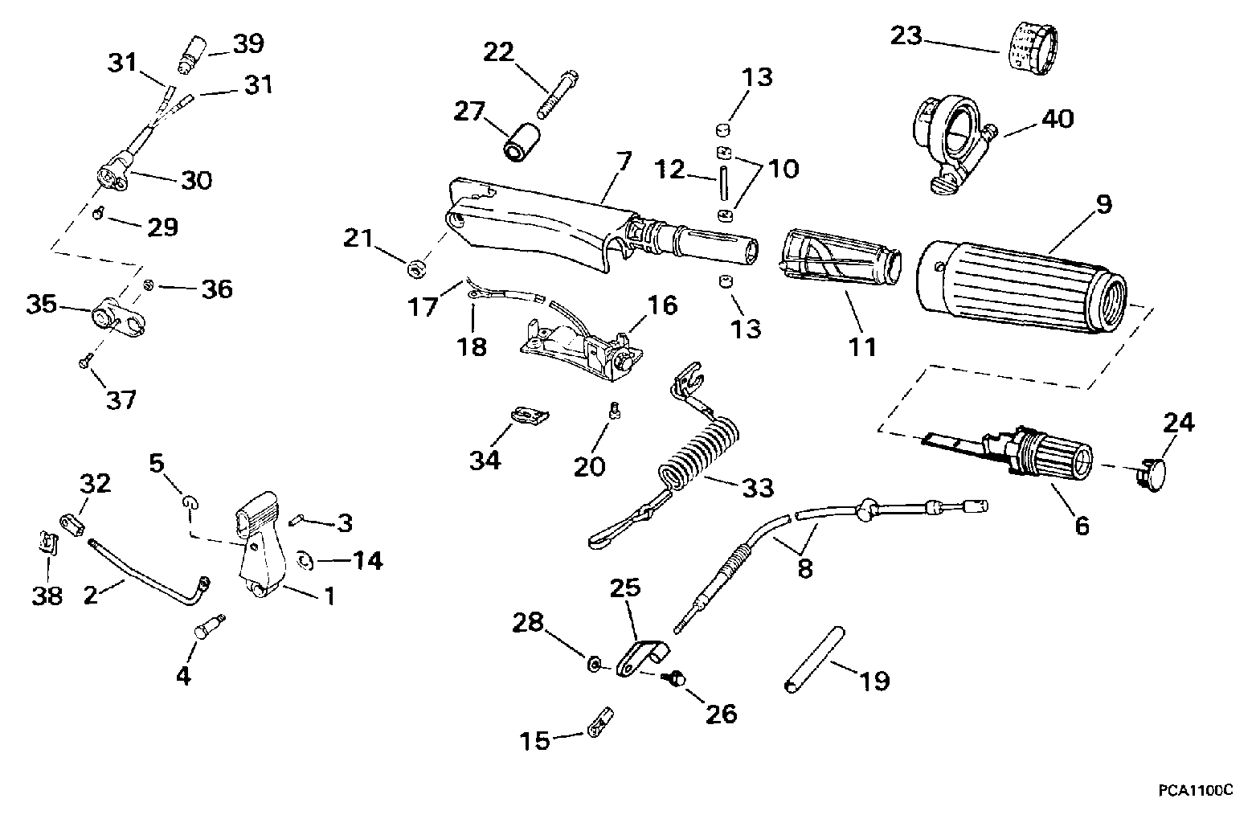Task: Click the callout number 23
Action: click(x=906, y=36)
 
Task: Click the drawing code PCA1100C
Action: click(x=1196, y=791)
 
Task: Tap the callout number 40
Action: click(x=1058, y=119)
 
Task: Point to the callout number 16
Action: click(x=662, y=305)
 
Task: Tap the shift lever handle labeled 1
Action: click(x=260, y=546)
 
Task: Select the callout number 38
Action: click(x=47, y=596)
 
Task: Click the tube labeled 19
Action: click(x=815, y=659)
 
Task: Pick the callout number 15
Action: click(x=535, y=741)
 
